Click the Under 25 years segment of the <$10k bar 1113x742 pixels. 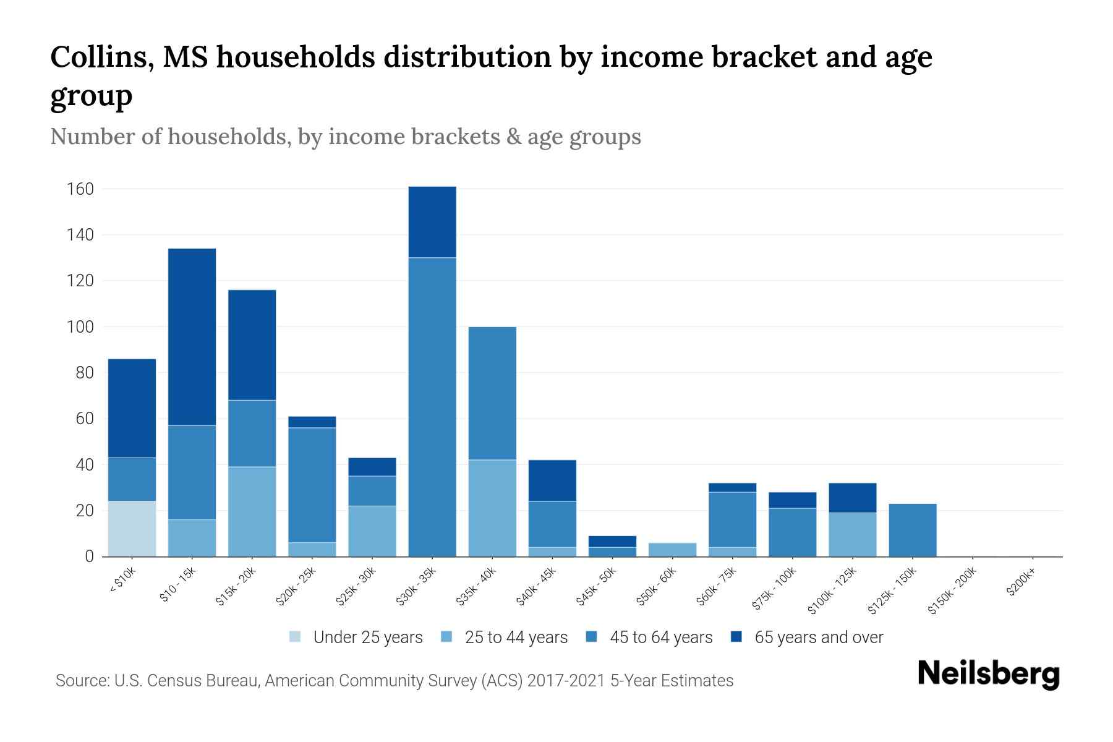point(132,529)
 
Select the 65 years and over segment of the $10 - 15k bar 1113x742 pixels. point(192,337)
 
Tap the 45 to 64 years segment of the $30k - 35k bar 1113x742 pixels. point(432,407)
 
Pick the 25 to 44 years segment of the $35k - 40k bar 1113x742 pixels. point(492,508)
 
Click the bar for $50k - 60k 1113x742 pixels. point(673,550)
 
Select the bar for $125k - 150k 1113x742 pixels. point(913,530)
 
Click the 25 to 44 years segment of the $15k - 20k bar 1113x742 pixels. point(252,511)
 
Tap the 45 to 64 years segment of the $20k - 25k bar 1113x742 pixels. point(312,485)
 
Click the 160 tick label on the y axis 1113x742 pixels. point(80,189)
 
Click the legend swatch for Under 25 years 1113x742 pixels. point(295,637)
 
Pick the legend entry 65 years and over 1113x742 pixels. point(818,638)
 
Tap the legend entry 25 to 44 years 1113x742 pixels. point(516,638)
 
